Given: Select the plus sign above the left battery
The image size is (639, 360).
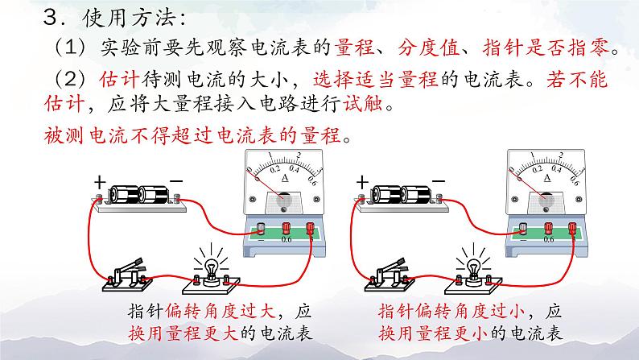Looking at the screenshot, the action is click(100, 182).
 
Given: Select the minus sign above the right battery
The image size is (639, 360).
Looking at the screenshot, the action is click(439, 181).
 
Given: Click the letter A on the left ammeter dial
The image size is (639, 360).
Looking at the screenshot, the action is click(285, 178).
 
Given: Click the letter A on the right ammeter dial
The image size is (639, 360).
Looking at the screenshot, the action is click(547, 178).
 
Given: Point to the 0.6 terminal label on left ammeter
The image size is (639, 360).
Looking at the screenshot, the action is click(287, 239).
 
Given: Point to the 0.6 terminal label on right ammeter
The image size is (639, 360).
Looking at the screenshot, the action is click(549, 239).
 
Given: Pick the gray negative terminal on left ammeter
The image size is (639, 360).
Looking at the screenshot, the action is click(261, 228).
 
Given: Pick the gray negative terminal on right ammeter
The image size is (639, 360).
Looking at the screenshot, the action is click(523, 228).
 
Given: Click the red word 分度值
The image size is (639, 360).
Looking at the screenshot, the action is click(427, 48).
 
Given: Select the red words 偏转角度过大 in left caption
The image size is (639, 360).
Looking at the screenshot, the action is click(221, 312).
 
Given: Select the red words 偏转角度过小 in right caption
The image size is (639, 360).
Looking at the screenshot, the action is click(471, 312).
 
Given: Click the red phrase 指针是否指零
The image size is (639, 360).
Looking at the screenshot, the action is click(546, 48).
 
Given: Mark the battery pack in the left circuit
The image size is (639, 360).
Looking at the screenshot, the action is click(138, 198).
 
